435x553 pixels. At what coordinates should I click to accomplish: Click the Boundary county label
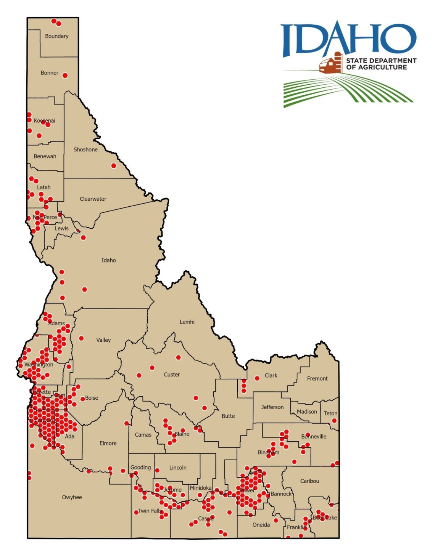pos(56,36)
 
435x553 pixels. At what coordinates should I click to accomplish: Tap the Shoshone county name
pos(85,150)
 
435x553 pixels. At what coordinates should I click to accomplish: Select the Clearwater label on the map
pos(93,199)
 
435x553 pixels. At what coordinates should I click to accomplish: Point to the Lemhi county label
pos(187,322)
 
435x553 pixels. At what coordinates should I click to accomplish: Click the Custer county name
pos(172,375)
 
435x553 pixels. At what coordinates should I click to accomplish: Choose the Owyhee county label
pos(72,497)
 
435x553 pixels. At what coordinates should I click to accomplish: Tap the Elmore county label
pos(108,443)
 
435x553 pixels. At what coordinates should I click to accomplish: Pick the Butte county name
pos(228,416)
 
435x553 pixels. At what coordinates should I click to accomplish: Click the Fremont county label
pos(317,379)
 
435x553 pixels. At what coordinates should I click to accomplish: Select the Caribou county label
pos(309,481)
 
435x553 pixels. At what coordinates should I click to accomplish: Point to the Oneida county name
pos(261,525)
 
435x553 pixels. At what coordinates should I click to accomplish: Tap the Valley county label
pos(103,340)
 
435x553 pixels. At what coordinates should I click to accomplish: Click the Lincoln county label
pos(178,468)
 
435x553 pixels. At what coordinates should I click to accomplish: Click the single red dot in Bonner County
pos(65,75)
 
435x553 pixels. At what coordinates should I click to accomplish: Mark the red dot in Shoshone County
pos(114,166)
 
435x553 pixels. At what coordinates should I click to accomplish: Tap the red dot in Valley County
pos(81,338)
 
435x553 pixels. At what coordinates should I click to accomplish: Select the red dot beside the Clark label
pos(257,378)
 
